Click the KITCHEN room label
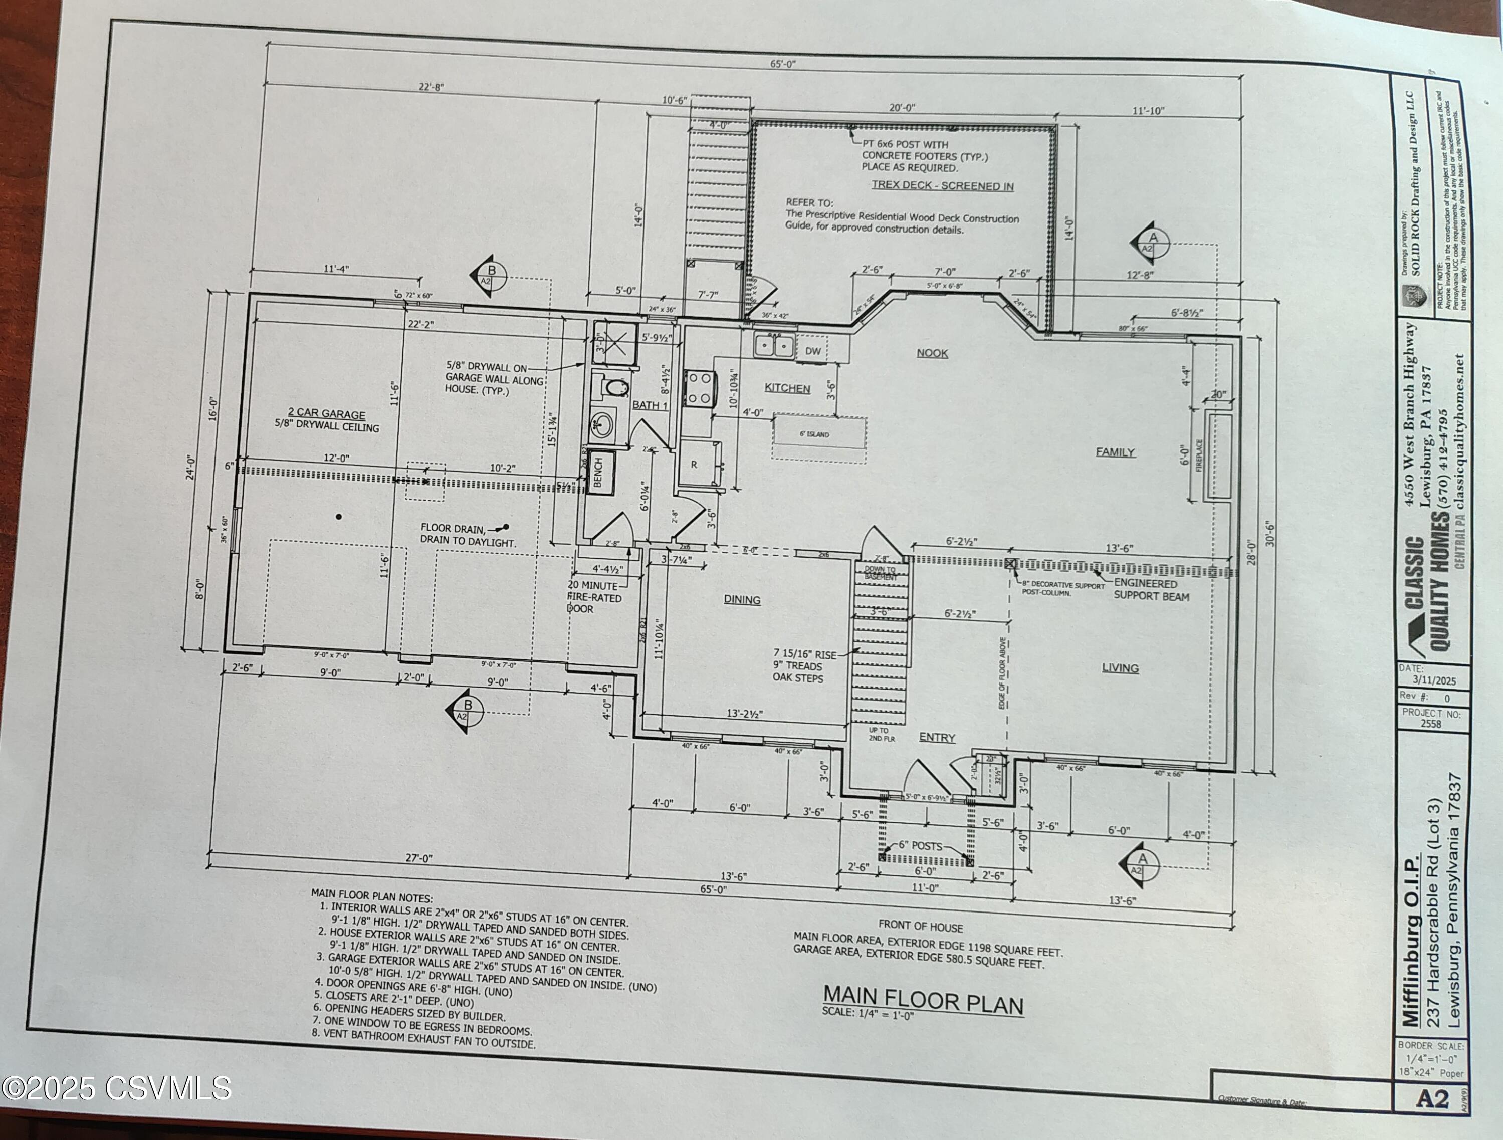click(787, 389)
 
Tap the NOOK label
click(932, 353)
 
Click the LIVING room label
click(1120, 668)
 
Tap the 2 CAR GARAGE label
click(326, 414)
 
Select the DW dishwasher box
click(813, 351)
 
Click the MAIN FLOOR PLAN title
click(923, 1000)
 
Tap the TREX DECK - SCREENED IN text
click(942, 186)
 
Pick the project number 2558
click(1430, 724)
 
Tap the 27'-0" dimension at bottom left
click(418, 858)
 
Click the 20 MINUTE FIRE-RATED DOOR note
click(594, 597)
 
